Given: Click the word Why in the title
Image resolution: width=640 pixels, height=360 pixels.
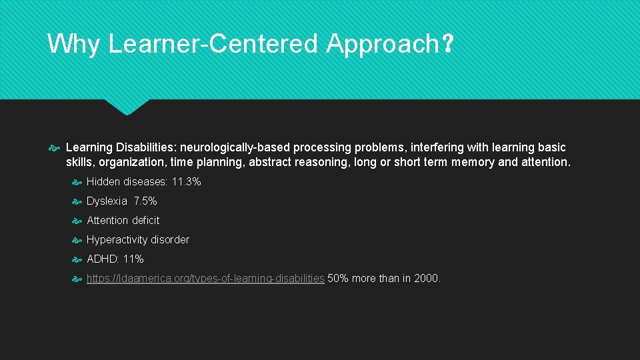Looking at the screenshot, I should (75, 44).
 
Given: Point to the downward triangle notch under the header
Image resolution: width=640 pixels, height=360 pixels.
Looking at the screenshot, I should (127, 106).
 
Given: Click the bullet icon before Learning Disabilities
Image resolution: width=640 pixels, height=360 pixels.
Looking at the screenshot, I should (55, 147).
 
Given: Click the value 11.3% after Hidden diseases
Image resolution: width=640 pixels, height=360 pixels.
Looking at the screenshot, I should (186, 182).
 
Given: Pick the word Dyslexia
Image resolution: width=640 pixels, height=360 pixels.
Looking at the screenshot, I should (107, 201).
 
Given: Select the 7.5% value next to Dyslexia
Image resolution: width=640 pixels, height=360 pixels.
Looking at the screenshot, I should (145, 201).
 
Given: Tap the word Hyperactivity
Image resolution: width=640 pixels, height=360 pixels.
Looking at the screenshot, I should (117, 240).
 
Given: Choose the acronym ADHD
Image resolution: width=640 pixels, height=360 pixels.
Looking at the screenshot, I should (102, 259).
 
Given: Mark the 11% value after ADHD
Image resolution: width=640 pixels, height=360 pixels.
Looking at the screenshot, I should (133, 259).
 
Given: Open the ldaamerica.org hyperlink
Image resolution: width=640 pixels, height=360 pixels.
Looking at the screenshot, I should (205, 279).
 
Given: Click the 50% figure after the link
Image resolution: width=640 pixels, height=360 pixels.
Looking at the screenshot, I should (338, 279).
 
